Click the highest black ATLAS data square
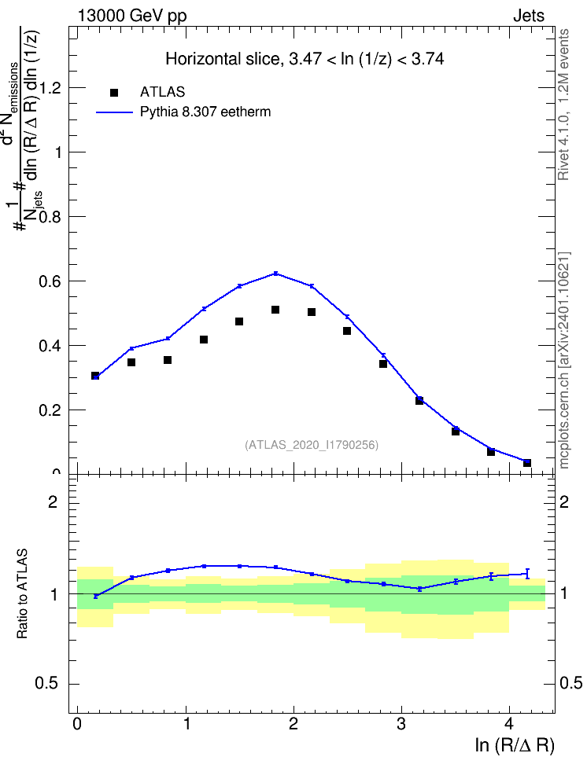275,310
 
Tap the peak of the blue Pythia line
275,274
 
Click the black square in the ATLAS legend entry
114,93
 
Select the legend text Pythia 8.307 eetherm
205,112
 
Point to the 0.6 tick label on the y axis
50,281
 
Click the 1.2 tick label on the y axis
50,88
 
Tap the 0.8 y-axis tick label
50,217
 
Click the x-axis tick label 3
401,724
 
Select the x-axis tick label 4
509,724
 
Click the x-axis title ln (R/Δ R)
515,745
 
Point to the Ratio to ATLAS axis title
22,594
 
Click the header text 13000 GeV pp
132,17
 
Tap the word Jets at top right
529,16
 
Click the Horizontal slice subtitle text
305,59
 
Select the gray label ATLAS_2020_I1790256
312,445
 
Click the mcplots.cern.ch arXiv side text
564,360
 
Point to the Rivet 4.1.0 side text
563,105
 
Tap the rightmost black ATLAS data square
527,463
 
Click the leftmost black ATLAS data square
95,376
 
